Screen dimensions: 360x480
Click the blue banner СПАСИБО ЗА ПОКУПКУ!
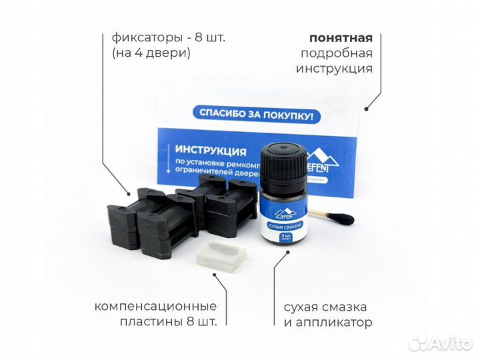tap(256, 114)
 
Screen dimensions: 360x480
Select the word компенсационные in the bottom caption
tap(156, 307)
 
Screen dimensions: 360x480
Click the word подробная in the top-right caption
tap(337, 53)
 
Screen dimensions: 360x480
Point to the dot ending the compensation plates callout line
tap(224, 288)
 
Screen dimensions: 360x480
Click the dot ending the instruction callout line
tap(367, 107)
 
